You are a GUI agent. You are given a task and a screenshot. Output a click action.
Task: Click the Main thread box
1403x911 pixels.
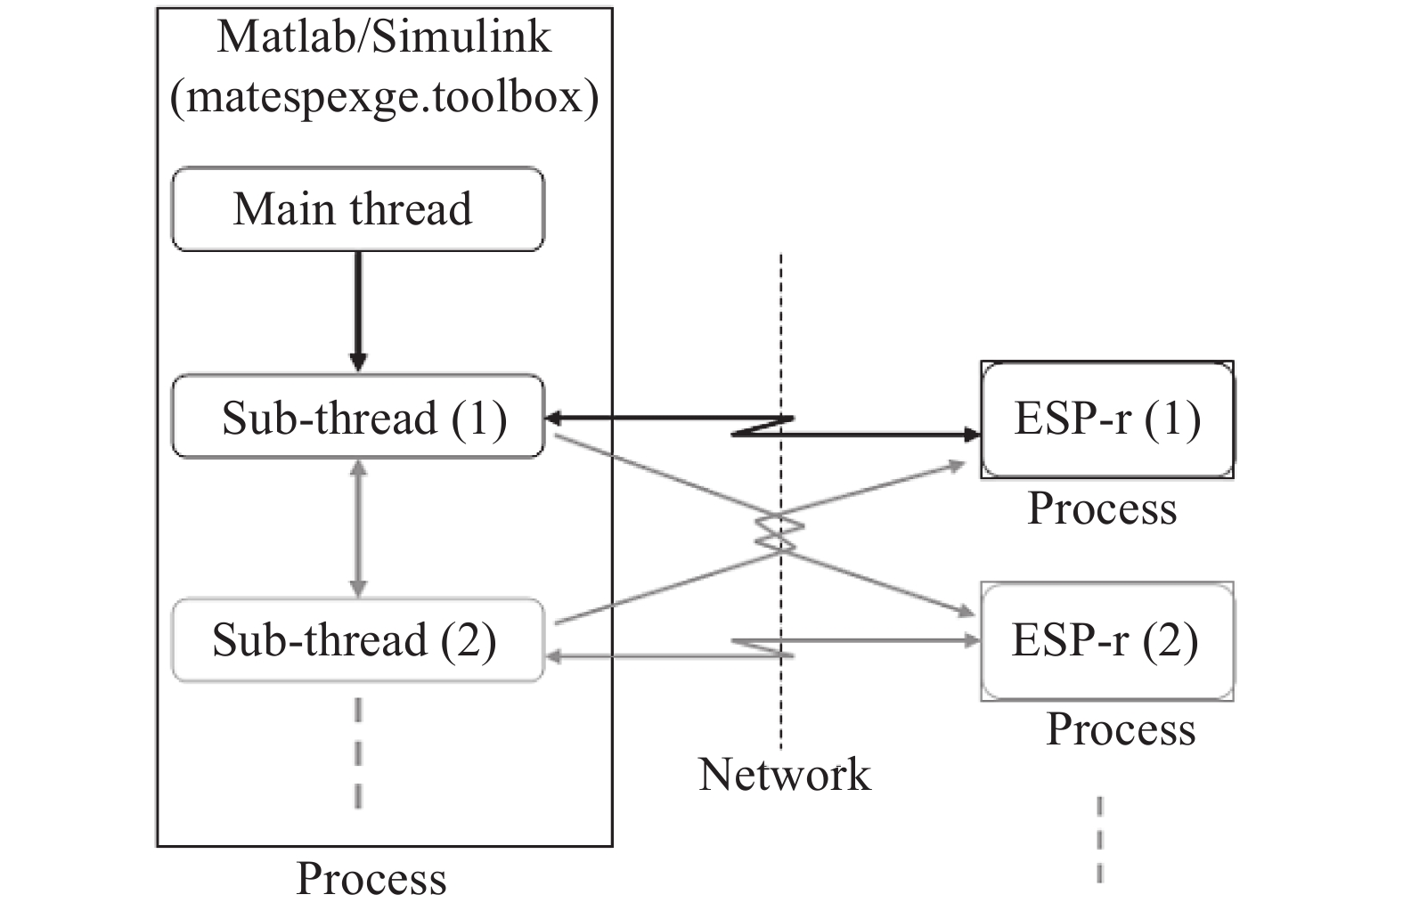[356, 209]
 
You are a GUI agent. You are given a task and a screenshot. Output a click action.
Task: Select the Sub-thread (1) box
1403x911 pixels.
[356, 417]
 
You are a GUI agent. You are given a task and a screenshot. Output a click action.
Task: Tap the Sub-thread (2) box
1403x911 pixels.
[356, 639]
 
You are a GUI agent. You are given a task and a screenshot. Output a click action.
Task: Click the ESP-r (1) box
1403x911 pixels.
[1106, 419]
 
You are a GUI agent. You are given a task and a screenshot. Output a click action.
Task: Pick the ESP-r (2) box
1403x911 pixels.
[1106, 639]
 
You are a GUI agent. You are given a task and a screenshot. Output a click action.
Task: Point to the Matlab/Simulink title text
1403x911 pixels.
[384, 37]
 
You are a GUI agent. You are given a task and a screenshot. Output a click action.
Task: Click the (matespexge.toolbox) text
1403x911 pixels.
[384, 96]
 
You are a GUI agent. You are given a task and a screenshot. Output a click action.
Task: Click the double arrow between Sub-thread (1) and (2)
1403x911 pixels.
[357, 527]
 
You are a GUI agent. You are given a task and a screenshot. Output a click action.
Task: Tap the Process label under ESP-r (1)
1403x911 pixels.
[1102, 508]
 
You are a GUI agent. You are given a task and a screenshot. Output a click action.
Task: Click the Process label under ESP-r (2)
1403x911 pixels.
[1120, 728]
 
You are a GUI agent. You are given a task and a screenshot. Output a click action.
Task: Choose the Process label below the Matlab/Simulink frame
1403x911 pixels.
[371, 878]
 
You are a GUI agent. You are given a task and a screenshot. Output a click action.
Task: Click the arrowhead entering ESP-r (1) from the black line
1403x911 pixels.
[973, 435]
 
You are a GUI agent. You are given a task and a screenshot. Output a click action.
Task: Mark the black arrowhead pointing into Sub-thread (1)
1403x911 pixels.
[551, 417]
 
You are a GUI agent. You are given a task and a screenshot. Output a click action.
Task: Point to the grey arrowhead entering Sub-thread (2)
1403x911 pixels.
[551, 656]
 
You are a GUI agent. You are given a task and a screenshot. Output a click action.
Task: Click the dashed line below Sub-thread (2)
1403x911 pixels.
[357, 752]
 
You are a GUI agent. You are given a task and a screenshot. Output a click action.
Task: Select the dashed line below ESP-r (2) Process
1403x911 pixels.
[1099, 837]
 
